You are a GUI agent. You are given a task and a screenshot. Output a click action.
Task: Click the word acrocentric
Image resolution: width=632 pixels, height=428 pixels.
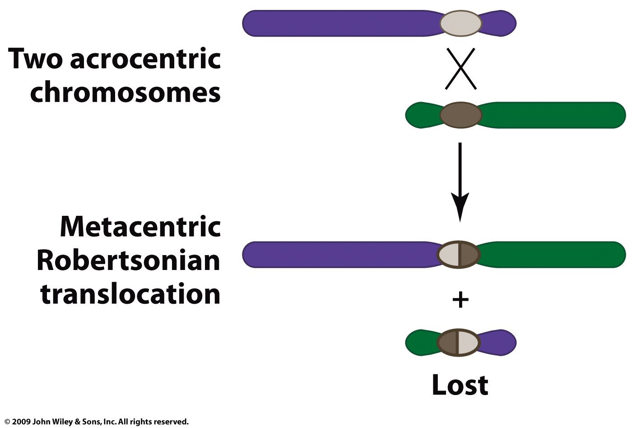[145, 59]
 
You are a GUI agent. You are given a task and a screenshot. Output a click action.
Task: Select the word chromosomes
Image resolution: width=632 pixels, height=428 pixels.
[125, 93]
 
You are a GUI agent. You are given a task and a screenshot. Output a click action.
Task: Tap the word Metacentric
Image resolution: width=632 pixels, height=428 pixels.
[140, 227]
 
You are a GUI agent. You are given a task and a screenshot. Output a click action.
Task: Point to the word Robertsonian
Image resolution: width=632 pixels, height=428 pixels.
[128, 261]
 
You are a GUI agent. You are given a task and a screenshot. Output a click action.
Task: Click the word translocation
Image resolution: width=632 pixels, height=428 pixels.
[130, 294]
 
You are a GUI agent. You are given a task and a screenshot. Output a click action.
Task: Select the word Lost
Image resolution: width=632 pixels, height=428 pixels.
[460, 385]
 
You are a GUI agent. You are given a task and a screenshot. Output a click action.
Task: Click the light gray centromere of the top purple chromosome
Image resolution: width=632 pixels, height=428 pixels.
[460, 23]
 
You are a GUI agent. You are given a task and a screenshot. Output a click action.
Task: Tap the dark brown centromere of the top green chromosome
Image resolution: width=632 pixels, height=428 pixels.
[460, 115]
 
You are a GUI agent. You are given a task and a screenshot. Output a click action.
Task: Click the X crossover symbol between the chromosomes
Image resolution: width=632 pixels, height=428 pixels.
[460, 69]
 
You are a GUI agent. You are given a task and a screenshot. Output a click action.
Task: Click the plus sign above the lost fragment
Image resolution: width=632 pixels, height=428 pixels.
[460, 300]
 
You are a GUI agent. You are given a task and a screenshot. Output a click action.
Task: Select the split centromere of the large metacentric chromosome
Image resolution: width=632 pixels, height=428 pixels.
[459, 255]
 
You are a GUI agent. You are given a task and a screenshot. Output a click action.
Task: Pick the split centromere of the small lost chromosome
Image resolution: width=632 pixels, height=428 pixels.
[459, 343]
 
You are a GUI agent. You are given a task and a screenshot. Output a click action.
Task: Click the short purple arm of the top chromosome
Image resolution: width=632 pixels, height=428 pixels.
[499, 23]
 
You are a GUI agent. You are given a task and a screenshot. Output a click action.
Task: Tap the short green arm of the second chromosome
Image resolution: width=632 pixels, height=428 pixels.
[422, 115]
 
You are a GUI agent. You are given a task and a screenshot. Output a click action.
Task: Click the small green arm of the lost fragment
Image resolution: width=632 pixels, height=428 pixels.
[421, 343]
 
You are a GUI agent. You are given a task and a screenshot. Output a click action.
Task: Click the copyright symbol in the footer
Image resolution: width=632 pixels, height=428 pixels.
[7, 422]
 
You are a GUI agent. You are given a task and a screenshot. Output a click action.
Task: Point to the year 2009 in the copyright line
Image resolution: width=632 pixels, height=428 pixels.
[21, 422]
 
